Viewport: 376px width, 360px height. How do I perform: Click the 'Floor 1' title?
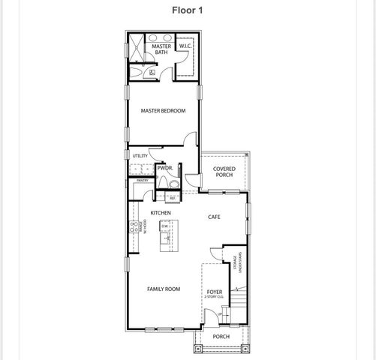point(188,10)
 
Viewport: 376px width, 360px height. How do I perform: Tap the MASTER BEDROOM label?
point(163,112)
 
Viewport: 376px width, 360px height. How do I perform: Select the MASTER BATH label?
point(161,49)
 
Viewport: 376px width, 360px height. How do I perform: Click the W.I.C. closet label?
point(186,47)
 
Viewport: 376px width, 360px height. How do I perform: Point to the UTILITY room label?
point(140,156)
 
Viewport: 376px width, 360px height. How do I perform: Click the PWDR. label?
point(165,169)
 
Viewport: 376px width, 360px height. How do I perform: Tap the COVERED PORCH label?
point(224,172)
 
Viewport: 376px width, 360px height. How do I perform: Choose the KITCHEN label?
point(161,213)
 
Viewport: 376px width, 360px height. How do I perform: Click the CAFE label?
point(214,217)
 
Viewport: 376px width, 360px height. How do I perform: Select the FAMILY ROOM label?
point(163,289)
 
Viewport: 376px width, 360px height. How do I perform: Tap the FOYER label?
point(214,292)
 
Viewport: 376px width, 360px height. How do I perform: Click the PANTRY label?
point(142,181)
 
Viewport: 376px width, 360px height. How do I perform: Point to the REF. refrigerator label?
point(172,199)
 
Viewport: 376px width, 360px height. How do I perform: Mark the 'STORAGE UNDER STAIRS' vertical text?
point(237,265)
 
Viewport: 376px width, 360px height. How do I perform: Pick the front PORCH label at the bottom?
point(221,337)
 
